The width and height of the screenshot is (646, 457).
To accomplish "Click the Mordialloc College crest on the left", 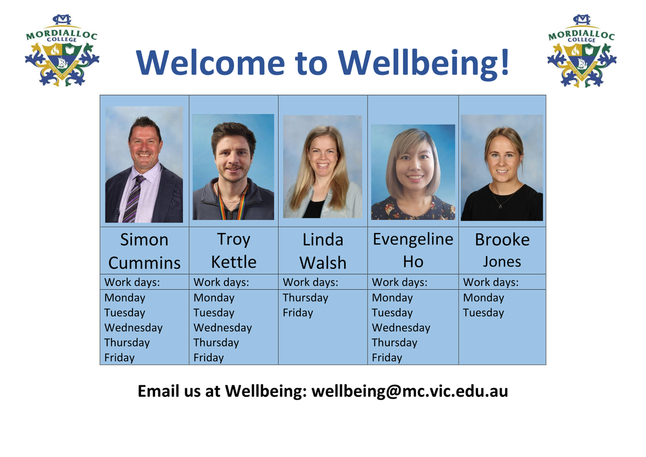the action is (x=62, y=51).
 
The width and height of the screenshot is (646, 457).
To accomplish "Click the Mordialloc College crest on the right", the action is (x=582, y=51).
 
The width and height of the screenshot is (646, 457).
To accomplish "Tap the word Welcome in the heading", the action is (x=210, y=62).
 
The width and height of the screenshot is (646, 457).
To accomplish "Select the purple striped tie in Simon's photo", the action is (x=134, y=199).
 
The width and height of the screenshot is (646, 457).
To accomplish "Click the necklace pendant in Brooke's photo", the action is (x=501, y=206).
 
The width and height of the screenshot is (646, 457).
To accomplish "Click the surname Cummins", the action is (x=144, y=263).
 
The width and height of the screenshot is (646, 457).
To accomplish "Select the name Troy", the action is (x=234, y=240).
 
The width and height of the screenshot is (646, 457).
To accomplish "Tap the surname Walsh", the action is (x=322, y=263).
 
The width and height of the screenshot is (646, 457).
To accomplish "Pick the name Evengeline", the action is (x=413, y=240).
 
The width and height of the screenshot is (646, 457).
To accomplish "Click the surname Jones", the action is (x=502, y=262).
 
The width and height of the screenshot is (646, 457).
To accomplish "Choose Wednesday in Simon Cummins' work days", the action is (x=134, y=328).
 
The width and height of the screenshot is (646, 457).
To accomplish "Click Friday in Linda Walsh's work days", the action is (x=298, y=313).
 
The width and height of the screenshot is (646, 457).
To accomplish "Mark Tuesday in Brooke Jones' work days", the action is (x=483, y=313).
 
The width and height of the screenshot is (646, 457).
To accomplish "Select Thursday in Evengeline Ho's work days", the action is (x=394, y=343).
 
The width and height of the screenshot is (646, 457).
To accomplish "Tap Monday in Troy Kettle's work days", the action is (x=214, y=298).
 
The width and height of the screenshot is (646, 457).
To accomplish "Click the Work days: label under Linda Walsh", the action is (x=310, y=282).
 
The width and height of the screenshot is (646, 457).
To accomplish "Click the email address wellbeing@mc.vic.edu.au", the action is (x=410, y=391).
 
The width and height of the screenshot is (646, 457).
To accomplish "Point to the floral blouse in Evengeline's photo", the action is (x=413, y=209).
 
